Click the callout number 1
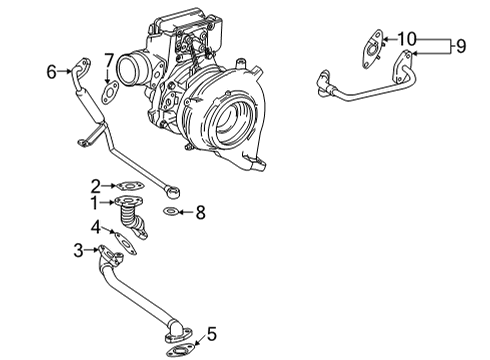coord(95,203)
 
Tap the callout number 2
coord(95,185)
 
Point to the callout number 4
coord(95,227)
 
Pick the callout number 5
coord(210,333)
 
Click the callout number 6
coord(51,71)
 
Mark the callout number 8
coord(200,212)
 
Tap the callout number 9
coord(462,44)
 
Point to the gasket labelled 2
coord(128,185)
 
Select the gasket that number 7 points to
coord(111,92)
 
